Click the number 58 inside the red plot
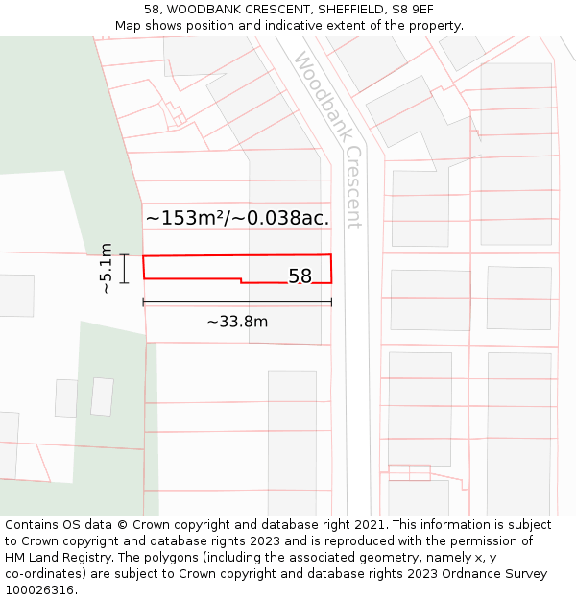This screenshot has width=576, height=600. [300, 276]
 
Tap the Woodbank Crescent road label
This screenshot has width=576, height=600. [328, 140]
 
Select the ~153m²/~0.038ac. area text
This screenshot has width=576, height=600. [237, 218]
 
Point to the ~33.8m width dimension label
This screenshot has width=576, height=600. [237, 322]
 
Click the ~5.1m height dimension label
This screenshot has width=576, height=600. [106, 268]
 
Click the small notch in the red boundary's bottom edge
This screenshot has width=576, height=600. [240, 281]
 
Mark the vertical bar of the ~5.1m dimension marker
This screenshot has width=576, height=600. [124, 268]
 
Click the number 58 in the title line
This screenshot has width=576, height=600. [152, 9]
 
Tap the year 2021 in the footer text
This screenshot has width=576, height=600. [370, 525]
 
